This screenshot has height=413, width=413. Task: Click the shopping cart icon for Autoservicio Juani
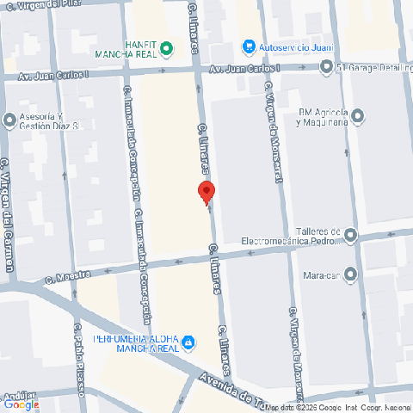(249, 46)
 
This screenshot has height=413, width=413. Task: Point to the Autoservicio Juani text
(288, 46)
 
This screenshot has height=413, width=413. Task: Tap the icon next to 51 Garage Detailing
(326, 68)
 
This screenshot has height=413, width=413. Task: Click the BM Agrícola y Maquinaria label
(323, 116)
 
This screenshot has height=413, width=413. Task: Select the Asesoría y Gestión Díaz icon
(10, 120)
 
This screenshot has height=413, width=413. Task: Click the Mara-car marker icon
(350, 275)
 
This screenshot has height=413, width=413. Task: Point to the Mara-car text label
(318, 276)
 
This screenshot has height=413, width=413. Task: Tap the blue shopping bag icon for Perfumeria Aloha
(188, 344)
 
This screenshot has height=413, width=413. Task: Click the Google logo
(22, 404)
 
